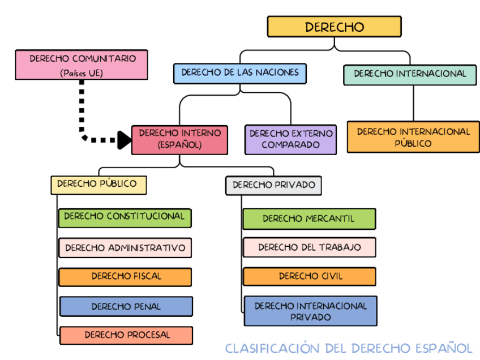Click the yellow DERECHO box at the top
[334, 27]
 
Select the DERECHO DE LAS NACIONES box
[240, 73]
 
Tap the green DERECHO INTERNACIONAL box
[410, 74]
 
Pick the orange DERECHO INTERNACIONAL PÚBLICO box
[413, 137]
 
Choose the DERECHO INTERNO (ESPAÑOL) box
[179, 139]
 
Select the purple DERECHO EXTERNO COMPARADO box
[291, 139]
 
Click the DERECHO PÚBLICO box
[98, 185]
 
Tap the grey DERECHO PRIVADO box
[273, 185]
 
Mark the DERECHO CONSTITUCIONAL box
[125, 217]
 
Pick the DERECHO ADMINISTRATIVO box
[125, 248]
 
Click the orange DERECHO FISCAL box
[125, 277]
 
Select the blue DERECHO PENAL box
[126, 306]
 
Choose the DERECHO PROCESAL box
[126, 335]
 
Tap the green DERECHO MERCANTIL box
[309, 218]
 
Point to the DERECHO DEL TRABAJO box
[309, 247]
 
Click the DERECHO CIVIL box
[310, 277]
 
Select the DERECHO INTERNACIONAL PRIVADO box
[310, 311]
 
